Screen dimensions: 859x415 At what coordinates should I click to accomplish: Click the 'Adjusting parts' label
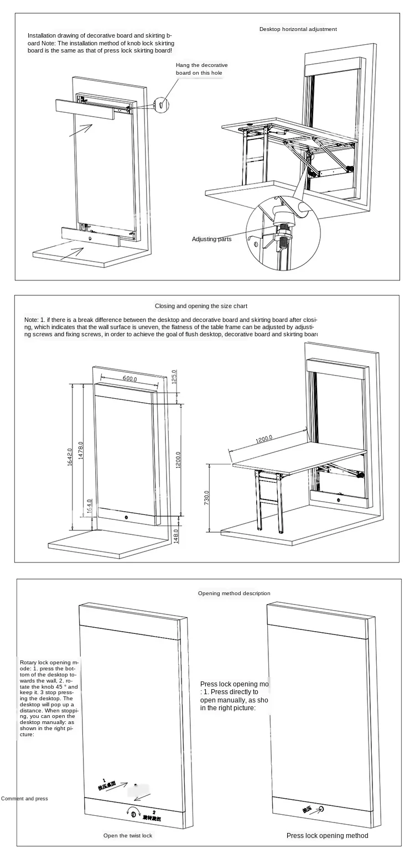click(x=211, y=239)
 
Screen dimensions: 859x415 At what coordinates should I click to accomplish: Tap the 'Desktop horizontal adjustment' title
click(x=298, y=29)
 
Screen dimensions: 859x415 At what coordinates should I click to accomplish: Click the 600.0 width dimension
click(x=129, y=379)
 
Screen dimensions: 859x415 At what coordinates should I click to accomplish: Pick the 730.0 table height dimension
click(x=207, y=498)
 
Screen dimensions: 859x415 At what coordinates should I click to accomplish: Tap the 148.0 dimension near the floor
click(x=176, y=535)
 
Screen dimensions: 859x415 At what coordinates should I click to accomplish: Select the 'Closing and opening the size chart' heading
click(x=201, y=306)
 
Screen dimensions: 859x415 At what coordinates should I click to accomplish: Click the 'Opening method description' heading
click(x=234, y=593)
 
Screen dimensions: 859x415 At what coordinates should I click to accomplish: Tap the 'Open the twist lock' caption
click(x=127, y=835)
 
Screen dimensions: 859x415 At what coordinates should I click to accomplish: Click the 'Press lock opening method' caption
click(x=327, y=835)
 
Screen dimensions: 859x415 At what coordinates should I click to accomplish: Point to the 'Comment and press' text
click(x=24, y=798)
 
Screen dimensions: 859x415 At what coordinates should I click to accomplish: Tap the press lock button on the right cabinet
click(x=322, y=809)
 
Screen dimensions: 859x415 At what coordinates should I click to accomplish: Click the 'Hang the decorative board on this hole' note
click(x=201, y=69)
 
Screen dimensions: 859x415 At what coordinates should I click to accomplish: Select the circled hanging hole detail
click(x=160, y=103)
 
